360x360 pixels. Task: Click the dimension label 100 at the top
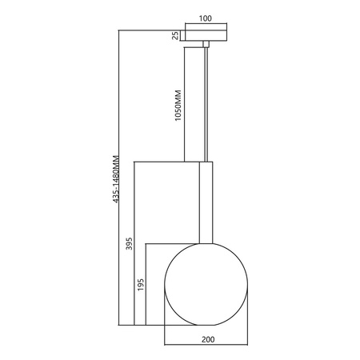coord(205,16)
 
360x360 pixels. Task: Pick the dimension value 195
coord(141,286)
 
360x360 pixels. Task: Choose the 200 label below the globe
coord(206,338)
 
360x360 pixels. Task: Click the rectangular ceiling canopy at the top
coord(205,34)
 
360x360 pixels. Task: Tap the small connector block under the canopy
coord(206,43)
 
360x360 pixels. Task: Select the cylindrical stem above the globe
coord(206,200)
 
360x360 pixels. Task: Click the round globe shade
coord(205,284)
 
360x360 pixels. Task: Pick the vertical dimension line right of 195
coord(146,284)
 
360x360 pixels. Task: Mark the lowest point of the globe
coord(205,325)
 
